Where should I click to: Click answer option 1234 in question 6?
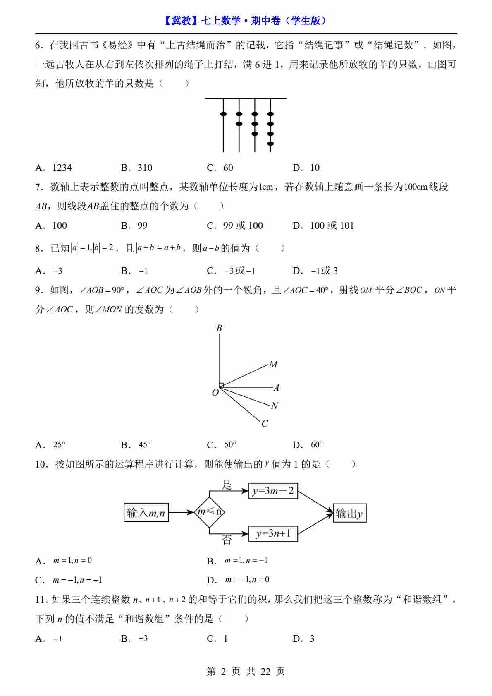click(62, 168)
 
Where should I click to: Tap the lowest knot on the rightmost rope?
click(270, 144)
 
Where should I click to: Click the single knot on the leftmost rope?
click(223, 114)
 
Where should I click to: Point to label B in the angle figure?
click(219, 328)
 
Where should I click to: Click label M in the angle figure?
click(273, 365)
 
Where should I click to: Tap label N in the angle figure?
click(275, 406)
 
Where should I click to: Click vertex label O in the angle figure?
click(215, 392)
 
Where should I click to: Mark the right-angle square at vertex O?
click(221, 385)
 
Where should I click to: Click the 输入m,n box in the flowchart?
click(146, 513)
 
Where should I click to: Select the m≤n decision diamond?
click(210, 512)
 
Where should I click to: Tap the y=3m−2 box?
click(273, 491)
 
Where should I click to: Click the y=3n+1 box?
click(273, 533)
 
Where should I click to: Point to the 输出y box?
click(350, 514)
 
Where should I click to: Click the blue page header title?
click(246, 21)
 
